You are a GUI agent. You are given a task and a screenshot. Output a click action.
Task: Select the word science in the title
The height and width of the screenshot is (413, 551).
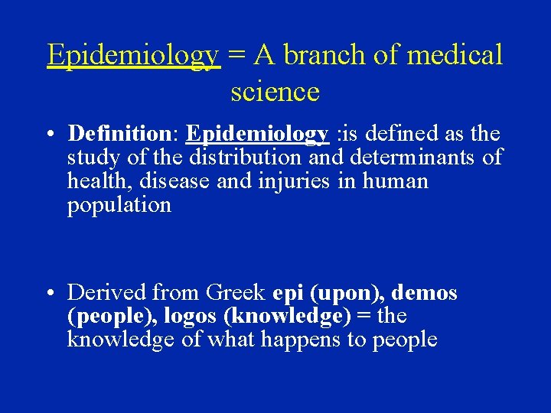275,92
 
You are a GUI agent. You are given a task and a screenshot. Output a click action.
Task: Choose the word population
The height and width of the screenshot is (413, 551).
119,206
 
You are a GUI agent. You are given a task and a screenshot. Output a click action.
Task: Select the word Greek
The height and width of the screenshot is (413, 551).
235,292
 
